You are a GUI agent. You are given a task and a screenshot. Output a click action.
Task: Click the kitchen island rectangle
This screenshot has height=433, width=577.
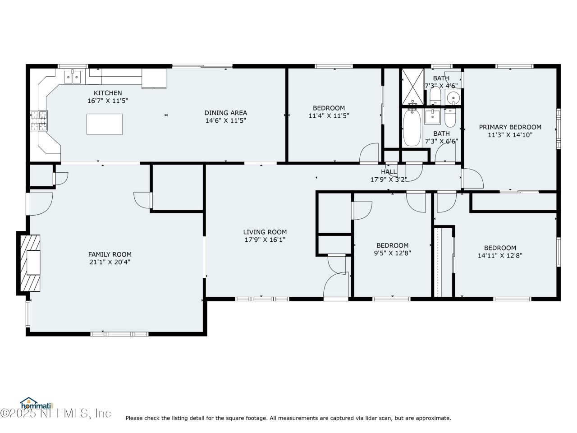coord(105,124)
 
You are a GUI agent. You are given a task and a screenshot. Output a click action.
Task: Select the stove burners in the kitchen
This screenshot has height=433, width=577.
coord(39,120)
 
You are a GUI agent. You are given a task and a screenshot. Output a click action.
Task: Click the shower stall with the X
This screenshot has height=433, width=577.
coord(412,87)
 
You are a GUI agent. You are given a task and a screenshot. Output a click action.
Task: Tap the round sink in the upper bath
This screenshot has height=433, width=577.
coord(452,97)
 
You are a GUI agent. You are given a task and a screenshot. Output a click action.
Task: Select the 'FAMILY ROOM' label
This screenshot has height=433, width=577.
coord(110,254)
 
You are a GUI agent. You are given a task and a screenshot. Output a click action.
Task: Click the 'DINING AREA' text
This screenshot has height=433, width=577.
coord(225,113)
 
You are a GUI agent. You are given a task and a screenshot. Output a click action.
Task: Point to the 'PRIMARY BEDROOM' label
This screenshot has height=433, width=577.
coord(510,127)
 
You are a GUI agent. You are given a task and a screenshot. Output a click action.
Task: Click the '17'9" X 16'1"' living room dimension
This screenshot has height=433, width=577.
coord(265,240)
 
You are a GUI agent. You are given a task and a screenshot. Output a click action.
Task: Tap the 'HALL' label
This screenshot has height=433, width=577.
coord(389,172)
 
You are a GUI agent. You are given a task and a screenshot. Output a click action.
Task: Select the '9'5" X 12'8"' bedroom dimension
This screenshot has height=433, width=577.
coord(392,253)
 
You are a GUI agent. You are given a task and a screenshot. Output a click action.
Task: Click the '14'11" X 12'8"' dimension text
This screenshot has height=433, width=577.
coord(500,255)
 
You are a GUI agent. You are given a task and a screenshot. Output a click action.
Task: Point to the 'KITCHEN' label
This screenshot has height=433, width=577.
coord(108,93)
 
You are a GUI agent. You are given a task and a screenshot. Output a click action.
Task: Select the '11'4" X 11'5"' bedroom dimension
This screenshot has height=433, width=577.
coord(329,115)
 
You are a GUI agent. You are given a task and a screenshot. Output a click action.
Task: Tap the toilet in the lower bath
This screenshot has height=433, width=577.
coord(450,118)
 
